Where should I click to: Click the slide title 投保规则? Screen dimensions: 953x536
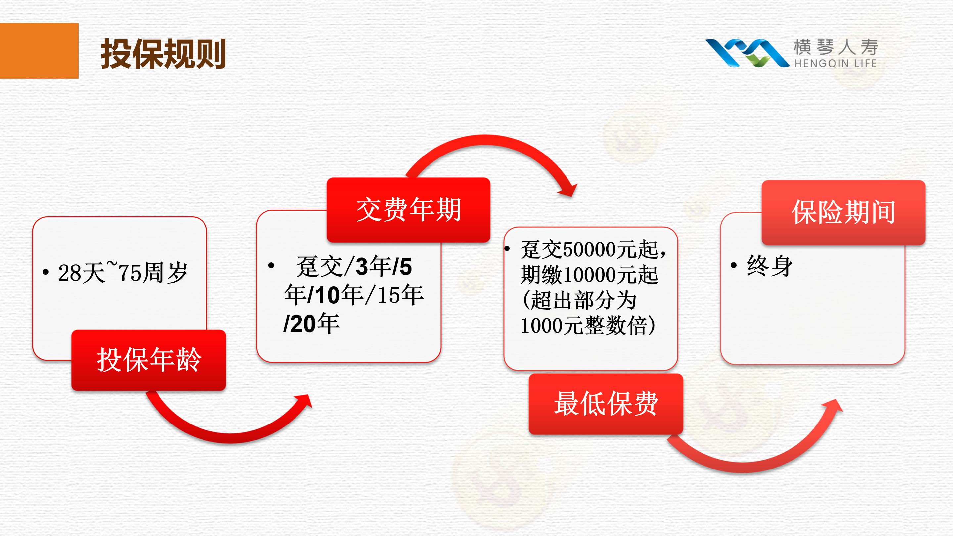click(163, 54)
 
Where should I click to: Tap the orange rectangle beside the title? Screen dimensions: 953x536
click(39, 51)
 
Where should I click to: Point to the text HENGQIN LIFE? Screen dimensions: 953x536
click(835, 64)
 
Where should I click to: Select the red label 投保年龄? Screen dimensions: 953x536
click(149, 360)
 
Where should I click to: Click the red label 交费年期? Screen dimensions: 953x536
click(408, 210)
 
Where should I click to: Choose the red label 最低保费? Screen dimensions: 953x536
click(606, 404)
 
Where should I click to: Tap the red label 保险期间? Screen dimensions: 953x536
click(843, 212)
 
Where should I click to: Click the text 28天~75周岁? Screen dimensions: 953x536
click(123, 273)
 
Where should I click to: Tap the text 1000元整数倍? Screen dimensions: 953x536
click(583, 326)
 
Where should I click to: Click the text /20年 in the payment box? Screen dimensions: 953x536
click(311, 324)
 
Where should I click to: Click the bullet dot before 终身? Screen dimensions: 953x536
click(734, 265)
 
